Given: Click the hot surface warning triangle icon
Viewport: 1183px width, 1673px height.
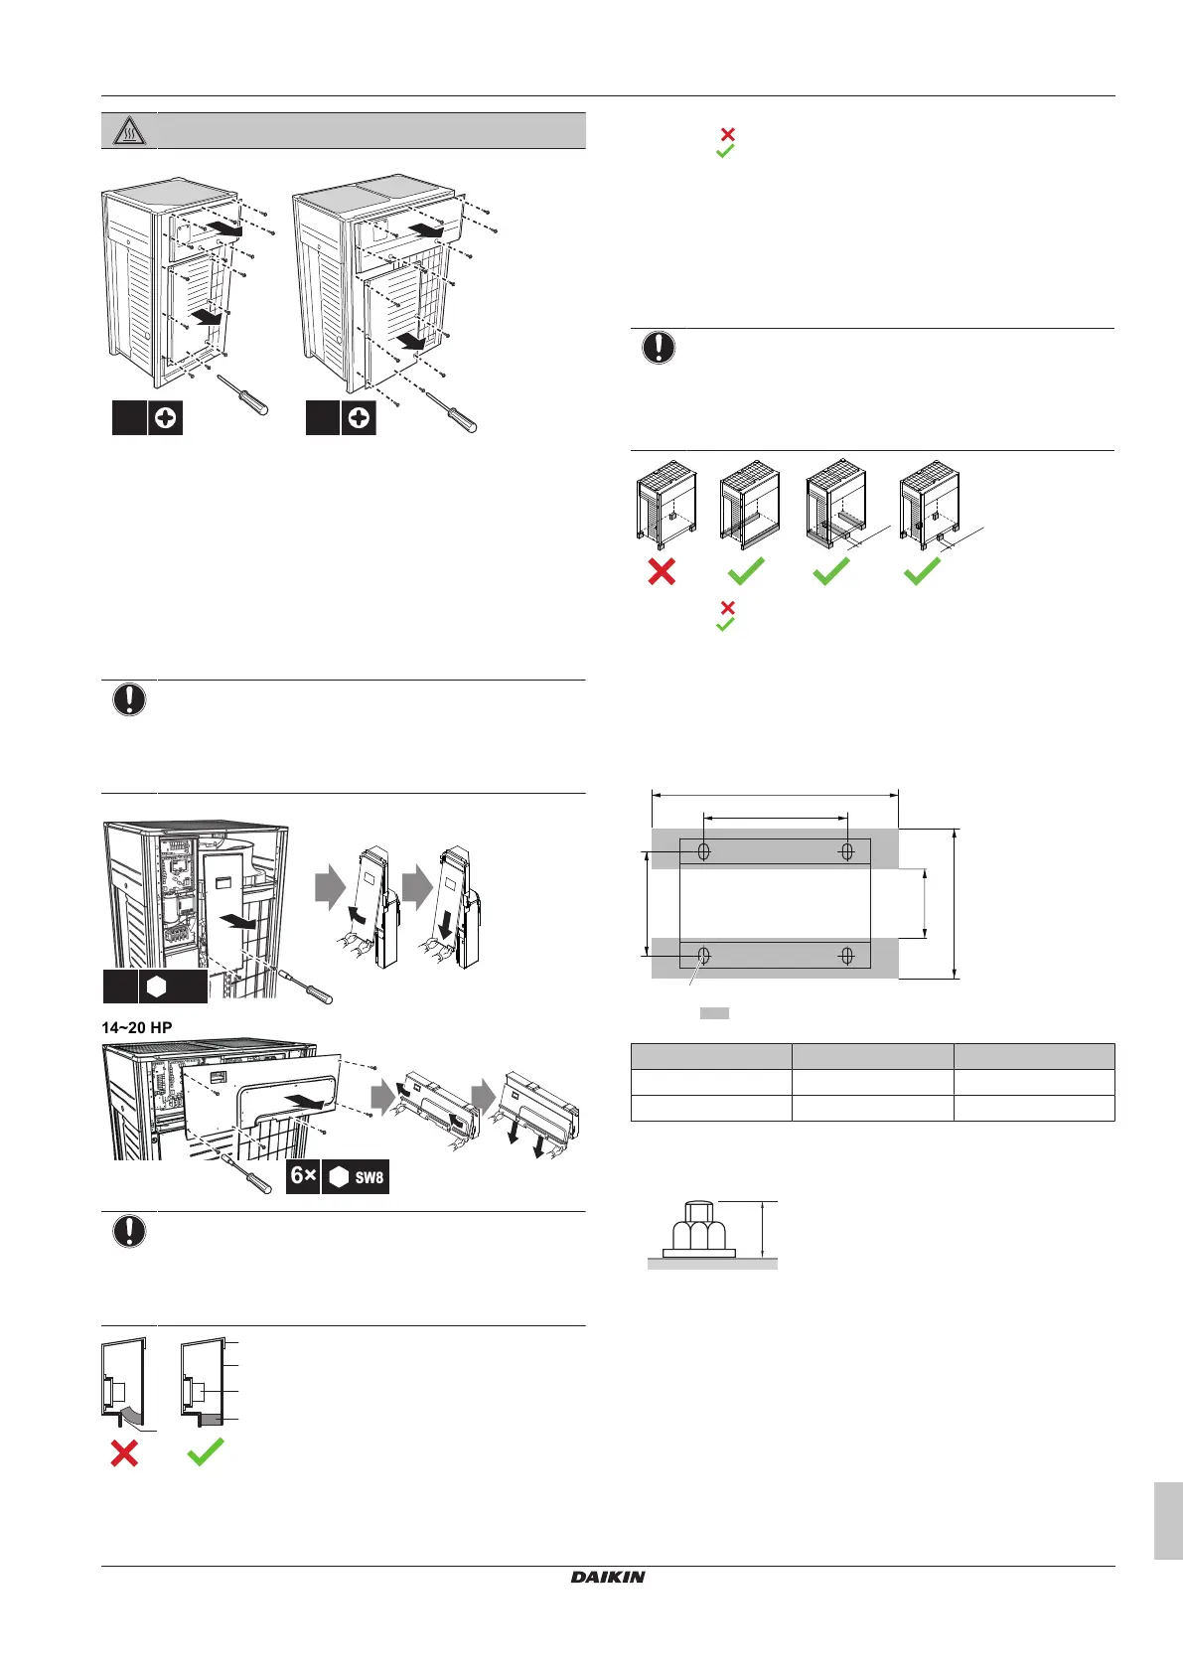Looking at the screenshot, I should (x=129, y=131).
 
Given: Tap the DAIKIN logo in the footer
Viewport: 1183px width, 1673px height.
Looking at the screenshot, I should (x=608, y=1577).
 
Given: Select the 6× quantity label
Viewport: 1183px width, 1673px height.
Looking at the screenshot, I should (x=303, y=1176).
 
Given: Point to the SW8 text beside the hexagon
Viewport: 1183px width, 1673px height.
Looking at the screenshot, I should (x=369, y=1177).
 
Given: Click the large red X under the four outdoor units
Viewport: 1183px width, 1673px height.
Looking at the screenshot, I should (x=662, y=571).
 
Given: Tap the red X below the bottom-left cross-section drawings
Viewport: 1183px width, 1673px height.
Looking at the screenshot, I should (x=124, y=1453).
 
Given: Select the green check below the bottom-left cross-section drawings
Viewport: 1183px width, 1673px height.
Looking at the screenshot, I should (x=206, y=1452).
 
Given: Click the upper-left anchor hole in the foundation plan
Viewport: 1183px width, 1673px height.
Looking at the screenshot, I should (x=704, y=851).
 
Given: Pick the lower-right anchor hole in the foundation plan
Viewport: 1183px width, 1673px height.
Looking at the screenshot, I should (x=847, y=956).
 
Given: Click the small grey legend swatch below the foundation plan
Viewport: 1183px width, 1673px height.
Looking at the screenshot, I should (x=714, y=1013).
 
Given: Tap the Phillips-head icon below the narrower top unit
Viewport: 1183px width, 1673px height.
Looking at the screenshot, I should (x=166, y=419).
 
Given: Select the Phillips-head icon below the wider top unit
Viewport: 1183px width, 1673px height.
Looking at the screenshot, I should (x=359, y=419).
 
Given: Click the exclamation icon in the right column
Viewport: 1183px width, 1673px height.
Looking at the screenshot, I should (x=659, y=348).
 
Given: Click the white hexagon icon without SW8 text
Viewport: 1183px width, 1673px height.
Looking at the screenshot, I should (x=156, y=987).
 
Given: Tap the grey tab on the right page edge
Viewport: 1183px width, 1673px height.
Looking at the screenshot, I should (x=1168, y=1520).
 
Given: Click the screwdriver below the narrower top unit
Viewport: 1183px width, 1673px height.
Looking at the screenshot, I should (x=243, y=394).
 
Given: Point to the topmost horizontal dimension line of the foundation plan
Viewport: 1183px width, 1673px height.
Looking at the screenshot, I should (x=775, y=794).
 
